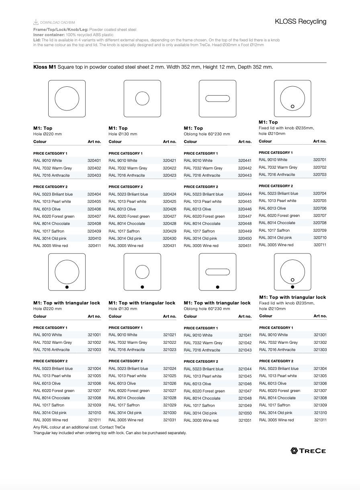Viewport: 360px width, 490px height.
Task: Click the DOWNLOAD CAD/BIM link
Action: tap(57, 22)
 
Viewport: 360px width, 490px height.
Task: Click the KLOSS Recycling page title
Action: tap(301, 22)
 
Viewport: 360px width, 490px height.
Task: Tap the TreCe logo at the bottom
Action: tap(308, 451)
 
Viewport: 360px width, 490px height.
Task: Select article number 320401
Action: tap(94, 161)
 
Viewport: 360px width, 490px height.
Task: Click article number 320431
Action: tap(169, 246)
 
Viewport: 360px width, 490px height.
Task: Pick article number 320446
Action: tap(244, 209)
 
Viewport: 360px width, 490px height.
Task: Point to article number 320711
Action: tap(320, 245)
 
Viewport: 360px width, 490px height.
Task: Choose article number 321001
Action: tap(94, 335)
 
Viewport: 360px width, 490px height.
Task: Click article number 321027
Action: tap(170, 391)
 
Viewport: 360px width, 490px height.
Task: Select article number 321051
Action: tap(245, 421)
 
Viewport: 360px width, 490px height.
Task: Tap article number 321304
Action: tap(320, 369)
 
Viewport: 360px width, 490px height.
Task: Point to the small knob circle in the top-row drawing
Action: tap(292, 106)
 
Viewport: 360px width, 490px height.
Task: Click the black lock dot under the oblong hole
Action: tap(217, 287)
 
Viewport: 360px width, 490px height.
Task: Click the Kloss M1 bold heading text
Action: tap(45, 67)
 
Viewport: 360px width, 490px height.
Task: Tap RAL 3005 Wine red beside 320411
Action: tap(51, 246)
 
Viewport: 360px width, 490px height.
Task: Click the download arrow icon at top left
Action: tap(36, 22)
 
